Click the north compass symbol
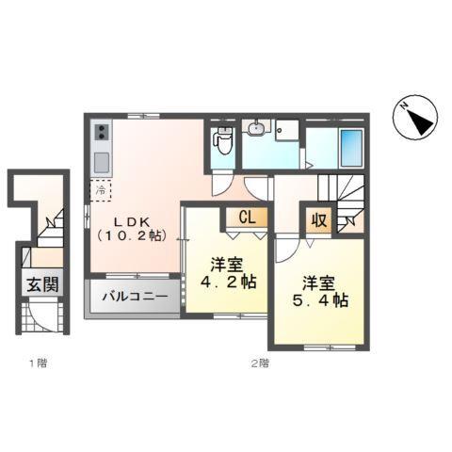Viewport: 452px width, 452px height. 413,121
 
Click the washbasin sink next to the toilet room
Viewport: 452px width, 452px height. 257,131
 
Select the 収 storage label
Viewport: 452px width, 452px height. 318,221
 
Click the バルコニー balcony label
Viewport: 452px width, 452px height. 137,296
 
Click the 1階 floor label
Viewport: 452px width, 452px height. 37,362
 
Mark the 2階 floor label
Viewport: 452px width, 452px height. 260,362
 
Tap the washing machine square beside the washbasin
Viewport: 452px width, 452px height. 286,133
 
